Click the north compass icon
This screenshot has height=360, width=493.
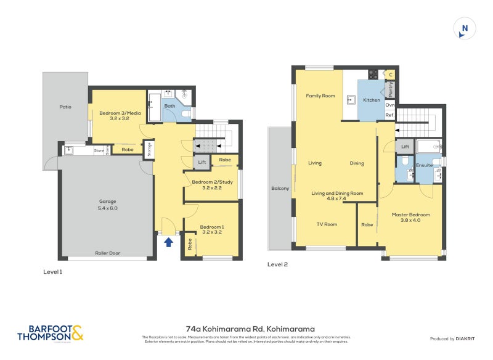pyautogui.click(x=465, y=29)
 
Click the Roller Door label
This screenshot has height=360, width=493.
pyautogui.click(x=108, y=253)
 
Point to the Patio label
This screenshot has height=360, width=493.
pyautogui.click(x=65, y=107)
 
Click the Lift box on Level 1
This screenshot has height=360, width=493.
pyautogui.click(x=202, y=162)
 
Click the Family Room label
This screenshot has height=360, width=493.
pyautogui.click(x=320, y=96)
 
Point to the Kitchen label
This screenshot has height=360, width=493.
pyautogui.click(x=372, y=100)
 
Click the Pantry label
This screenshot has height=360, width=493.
pyautogui.click(x=391, y=90)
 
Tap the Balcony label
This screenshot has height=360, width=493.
pyautogui.click(x=280, y=188)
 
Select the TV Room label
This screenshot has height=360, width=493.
pyautogui.click(x=327, y=224)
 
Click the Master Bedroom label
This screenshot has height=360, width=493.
pyautogui.click(x=410, y=218)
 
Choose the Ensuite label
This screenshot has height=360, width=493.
pyautogui.click(x=425, y=165)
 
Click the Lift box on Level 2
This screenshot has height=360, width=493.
pyautogui.click(x=405, y=147)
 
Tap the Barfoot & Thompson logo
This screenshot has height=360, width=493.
pyautogui.click(x=51, y=333)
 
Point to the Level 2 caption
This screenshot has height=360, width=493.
pyautogui.click(x=277, y=264)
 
